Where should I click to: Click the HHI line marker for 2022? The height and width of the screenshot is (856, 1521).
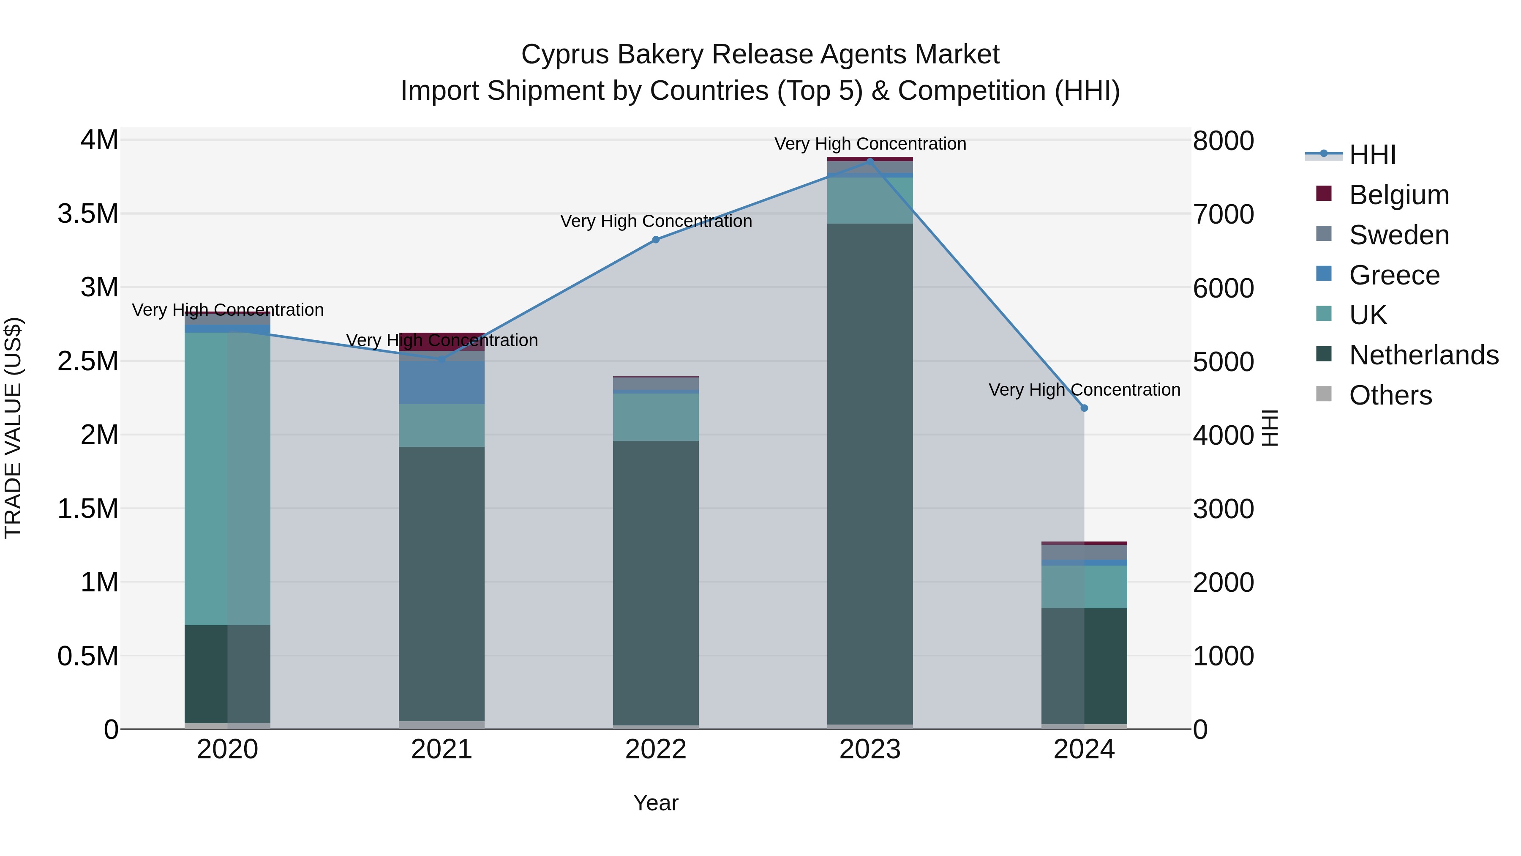point(655,239)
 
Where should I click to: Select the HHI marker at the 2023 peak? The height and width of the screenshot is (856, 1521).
point(870,161)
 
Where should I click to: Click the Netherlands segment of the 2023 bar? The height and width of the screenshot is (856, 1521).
point(870,473)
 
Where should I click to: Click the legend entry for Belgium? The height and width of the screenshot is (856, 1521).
point(1399,195)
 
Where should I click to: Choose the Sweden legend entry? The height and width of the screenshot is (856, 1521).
point(1399,235)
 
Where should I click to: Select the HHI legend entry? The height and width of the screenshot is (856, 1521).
point(1373,155)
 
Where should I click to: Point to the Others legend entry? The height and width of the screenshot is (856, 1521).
point(1390,395)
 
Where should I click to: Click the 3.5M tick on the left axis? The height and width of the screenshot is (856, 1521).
point(88,214)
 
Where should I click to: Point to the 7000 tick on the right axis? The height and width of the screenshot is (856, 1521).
point(1223,214)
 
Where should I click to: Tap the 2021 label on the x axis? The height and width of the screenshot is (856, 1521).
point(442,749)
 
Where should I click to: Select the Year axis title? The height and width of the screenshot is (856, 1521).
point(655,803)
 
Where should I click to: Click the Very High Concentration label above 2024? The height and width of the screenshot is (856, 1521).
point(1084,390)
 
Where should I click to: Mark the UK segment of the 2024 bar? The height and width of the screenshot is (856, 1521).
point(1084,587)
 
